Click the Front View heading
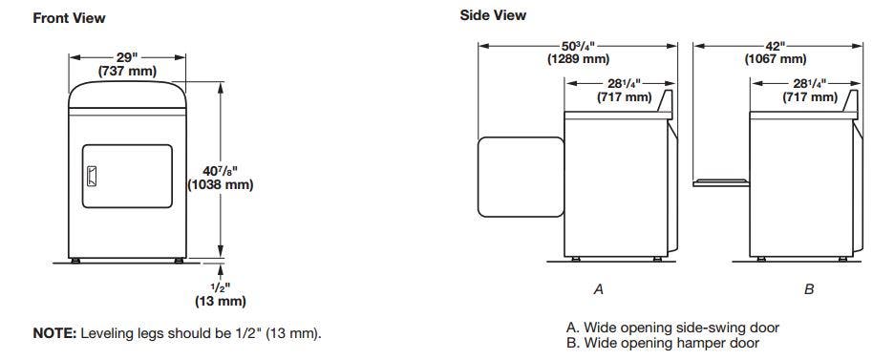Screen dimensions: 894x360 (x=69, y=17)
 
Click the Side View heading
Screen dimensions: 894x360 (x=493, y=15)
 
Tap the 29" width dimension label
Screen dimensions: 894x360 (x=128, y=57)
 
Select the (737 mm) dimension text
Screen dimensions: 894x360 (x=127, y=72)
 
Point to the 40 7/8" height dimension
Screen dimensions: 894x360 (x=220, y=170)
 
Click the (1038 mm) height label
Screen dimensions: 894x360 (x=220, y=184)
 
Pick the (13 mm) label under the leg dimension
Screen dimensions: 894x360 (x=220, y=301)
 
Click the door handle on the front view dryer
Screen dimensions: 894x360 (x=92, y=176)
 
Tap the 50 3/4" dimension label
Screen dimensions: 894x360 (x=578, y=46)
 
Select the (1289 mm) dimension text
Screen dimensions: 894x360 (x=578, y=58)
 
